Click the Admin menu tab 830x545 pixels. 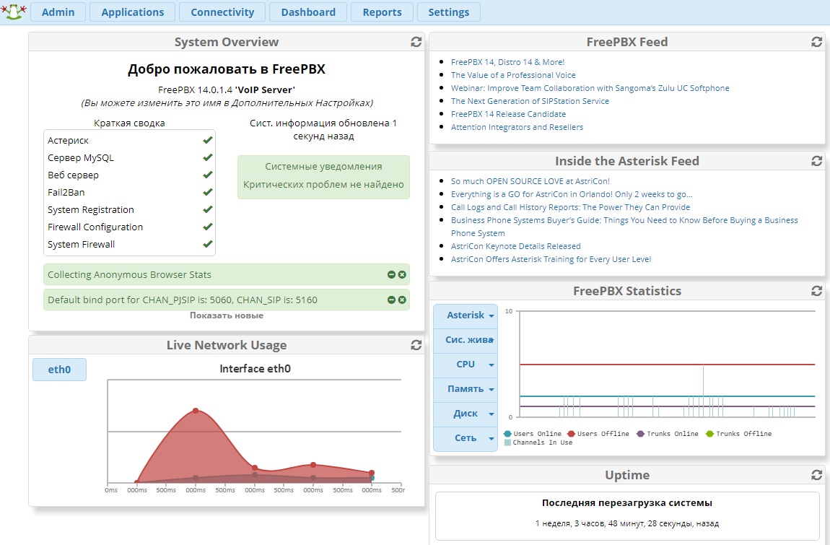coord(58,12)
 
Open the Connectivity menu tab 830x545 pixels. coord(222,12)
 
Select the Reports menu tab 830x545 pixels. coord(383,12)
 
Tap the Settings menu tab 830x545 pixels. coord(449,12)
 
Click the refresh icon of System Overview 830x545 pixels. coord(416,42)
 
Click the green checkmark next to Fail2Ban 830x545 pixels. coord(208,192)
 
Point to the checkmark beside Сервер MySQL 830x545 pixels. coord(208,157)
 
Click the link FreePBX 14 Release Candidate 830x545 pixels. coord(508,114)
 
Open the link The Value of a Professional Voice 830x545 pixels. coord(513,75)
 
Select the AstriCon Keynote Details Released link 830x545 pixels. coord(515,246)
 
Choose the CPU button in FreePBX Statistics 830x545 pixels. coord(466,365)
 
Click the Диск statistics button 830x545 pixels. coord(466,414)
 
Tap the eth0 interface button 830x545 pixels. coord(59,370)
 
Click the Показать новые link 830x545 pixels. coord(227,315)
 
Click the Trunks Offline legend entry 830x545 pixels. coord(738,434)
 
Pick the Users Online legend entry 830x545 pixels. coord(533,434)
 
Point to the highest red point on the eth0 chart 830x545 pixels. coord(196,411)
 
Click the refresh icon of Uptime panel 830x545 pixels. coord(817,475)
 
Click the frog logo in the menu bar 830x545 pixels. coord(13,12)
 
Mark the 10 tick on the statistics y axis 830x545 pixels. coord(509,311)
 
